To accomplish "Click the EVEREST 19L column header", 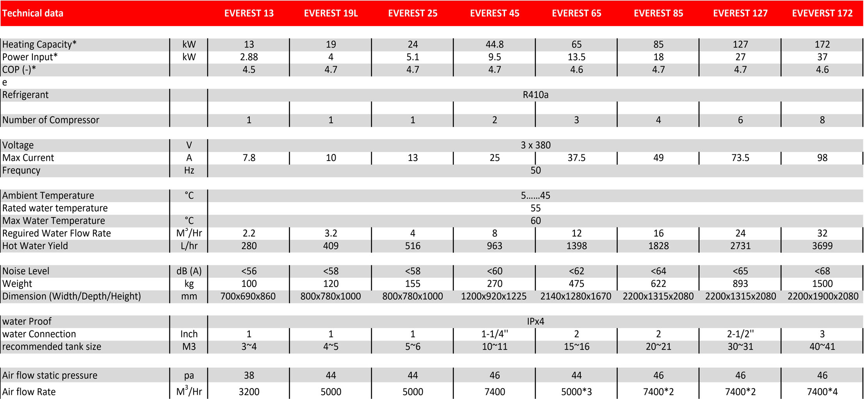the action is tap(331, 13).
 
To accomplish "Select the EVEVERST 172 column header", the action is tap(822, 13).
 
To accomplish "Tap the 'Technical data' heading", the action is tap(33, 13).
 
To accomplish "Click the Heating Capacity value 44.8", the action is tap(494, 44).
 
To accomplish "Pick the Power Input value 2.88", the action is tap(249, 57).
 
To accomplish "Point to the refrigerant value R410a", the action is tap(535, 95).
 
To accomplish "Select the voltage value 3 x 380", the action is tap(535, 145).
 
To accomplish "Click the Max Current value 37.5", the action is tap(576, 158).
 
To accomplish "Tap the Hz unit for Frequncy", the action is tap(189, 170).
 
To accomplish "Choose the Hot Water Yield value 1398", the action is tap(576, 246).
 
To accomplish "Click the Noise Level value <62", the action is tap(576, 271).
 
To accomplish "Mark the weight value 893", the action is tap(740, 284).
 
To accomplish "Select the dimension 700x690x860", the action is tap(248, 296).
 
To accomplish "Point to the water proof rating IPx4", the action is tap(535, 321).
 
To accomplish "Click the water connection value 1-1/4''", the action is tap(494, 334).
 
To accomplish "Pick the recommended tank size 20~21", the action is tap(658, 346).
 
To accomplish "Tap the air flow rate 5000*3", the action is tap(576, 392).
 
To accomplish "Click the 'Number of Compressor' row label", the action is tap(51, 120).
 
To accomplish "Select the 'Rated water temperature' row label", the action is tap(55, 208).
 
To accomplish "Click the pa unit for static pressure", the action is tap(189, 375).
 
